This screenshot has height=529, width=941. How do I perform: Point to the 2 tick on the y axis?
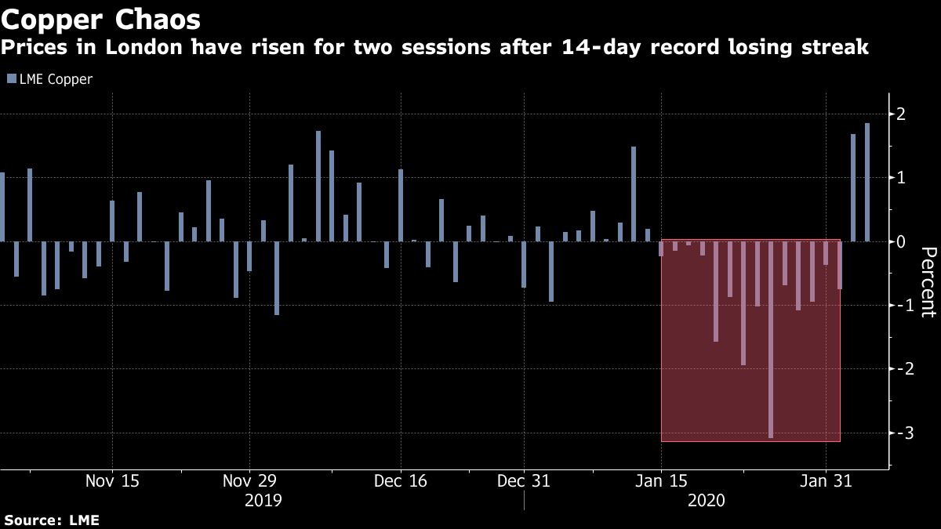point(902,114)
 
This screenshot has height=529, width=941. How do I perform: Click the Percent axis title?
point(928,282)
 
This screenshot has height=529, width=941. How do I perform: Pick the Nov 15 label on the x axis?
point(112,480)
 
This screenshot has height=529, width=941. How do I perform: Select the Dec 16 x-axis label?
point(400,480)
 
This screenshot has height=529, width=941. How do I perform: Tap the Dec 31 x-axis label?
point(523,480)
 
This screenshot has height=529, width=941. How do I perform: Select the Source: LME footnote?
point(52,520)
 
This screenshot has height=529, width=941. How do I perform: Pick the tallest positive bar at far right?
point(867,182)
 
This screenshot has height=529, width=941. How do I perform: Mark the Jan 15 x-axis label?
point(661,480)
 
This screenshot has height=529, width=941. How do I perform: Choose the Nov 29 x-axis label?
point(249,480)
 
